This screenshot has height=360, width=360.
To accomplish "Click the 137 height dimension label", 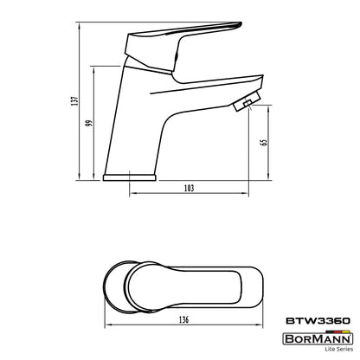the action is point(74,101).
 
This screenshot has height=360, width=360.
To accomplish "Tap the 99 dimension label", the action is point(89,123).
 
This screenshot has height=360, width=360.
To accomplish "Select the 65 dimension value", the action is point(263,143).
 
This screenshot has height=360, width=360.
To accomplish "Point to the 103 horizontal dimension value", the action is point(189,189).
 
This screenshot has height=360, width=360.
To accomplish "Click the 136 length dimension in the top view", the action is point(183,320).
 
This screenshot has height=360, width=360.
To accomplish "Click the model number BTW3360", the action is point(318,321).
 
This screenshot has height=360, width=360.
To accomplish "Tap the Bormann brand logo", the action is point(318,338).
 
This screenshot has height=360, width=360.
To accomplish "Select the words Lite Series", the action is point(338,349).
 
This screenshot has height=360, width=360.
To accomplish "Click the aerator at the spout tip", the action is point(247,101).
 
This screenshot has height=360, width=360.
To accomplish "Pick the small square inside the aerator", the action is point(247,103).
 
